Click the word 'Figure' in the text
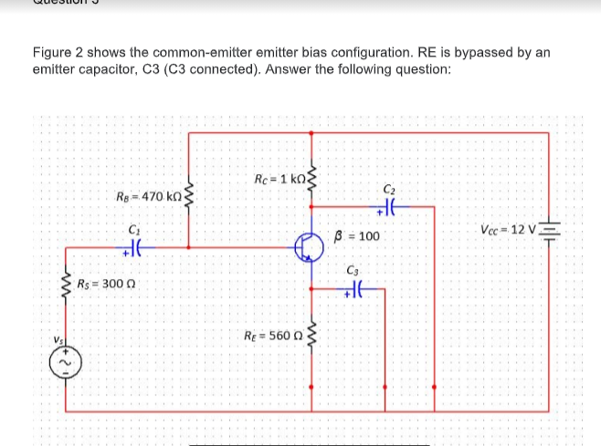coord(53,53)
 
